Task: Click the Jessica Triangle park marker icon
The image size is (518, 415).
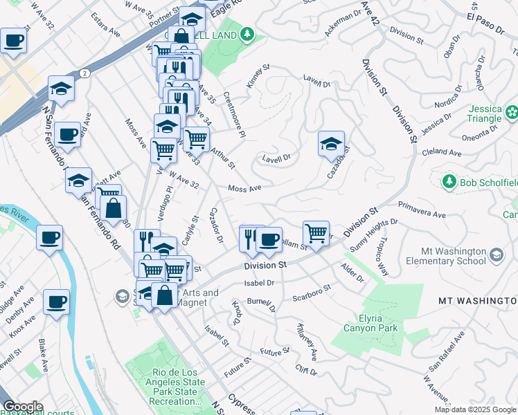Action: click(x=512, y=111)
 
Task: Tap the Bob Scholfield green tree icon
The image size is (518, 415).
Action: click(x=448, y=181)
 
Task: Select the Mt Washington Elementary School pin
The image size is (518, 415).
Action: click(x=496, y=256)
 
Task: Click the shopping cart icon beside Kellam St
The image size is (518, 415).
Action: click(x=316, y=232)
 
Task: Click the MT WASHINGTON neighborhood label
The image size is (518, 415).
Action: click(x=478, y=301)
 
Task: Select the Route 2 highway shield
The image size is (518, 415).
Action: click(x=84, y=73)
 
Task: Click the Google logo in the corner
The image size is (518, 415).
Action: click(x=23, y=407)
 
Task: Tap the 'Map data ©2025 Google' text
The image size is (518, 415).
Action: click(x=475, y=409)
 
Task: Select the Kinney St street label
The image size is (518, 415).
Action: click(x=258, y=77)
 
